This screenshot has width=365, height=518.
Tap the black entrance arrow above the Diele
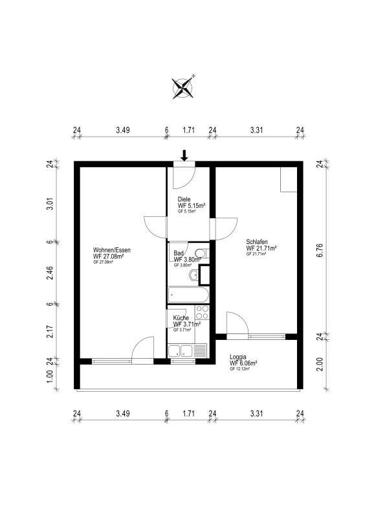click(184, 155)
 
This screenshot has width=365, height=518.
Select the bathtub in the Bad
click(188, 295)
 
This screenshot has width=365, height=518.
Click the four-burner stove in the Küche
click(202, 314)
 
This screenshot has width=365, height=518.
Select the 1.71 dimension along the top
click(188, 130)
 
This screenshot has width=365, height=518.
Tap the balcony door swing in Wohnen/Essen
click(142, 348)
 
